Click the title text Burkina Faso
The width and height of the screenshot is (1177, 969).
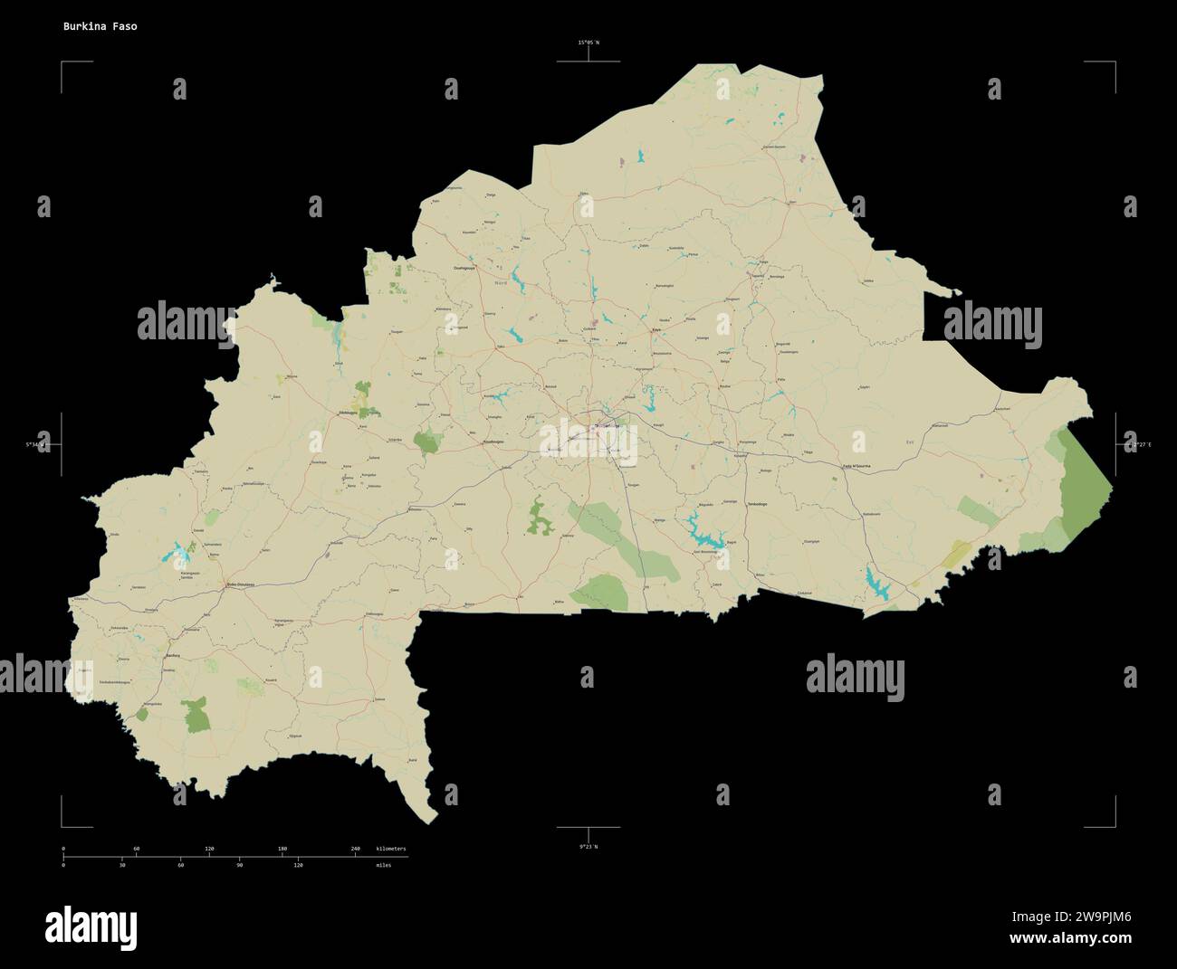pyautogui.click(x=100, y=26)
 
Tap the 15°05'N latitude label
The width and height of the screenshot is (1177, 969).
pyautogui.click(x=588, y=43)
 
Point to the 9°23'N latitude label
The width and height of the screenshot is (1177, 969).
pyautogui.click(x=588, y=846)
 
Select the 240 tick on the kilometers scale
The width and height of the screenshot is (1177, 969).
pyautogui.click(x=355, y=849)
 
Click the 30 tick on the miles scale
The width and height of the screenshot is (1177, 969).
pyautogui.click(x=122, y=865)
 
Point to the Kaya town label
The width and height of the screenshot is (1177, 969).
pyautogui.click(x=655, y=330)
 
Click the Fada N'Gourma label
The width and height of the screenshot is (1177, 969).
pyautogui.click(x=856, y=467)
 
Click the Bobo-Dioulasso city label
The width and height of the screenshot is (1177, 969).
pyautogui.click(x=241, y=584)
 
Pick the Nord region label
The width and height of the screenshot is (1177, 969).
pyautogui.click(x=501, y=284)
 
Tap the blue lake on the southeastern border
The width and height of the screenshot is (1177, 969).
pyautogui.click(x=876, y=582)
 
